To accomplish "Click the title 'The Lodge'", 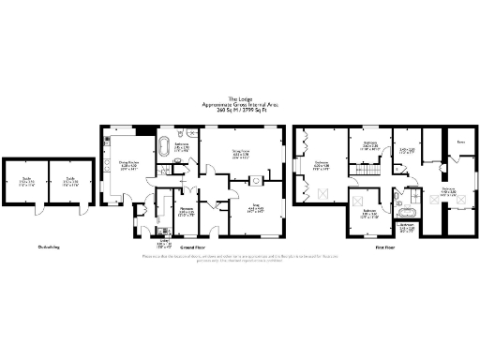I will point(239,97).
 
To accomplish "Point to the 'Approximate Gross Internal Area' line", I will point(239,102).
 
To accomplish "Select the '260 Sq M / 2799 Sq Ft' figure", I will point(239,108).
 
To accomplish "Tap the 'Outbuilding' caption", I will point(50,247).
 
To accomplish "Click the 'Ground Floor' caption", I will point(193,247).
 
